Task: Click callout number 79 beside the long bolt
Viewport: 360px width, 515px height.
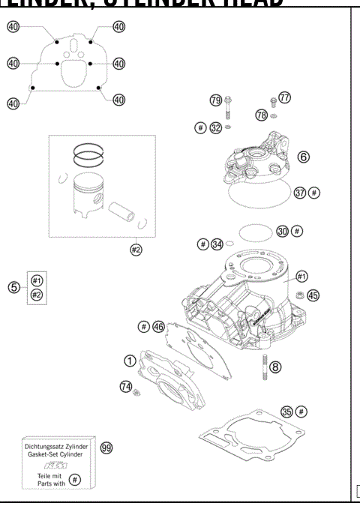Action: point(215,100)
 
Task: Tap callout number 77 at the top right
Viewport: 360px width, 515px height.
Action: point(284,97)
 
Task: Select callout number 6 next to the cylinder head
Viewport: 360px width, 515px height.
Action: point(303,157)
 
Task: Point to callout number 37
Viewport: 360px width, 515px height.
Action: point(300,193)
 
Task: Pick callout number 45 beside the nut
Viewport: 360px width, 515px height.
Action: point(313,295)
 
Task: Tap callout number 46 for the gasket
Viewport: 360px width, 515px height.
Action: point(158,326)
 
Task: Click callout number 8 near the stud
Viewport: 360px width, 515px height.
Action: point(276,367)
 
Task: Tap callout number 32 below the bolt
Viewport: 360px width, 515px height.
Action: point(215,128)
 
